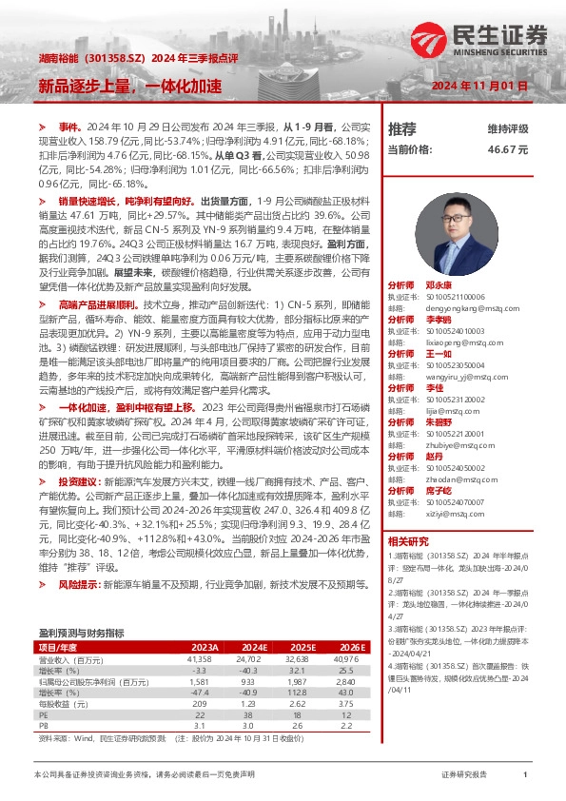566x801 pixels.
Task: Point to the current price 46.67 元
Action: [507, 149]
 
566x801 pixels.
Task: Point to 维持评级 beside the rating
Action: [507, 128]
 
